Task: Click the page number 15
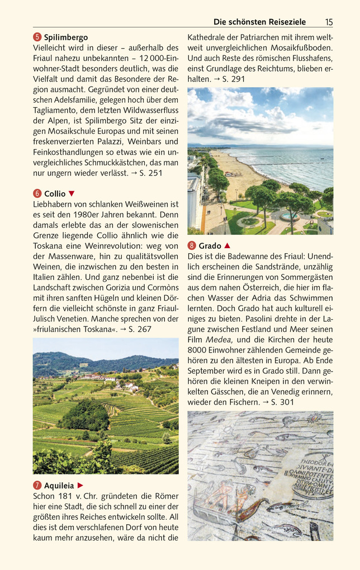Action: tap(328, 22)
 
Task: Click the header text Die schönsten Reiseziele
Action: tap(259, 22)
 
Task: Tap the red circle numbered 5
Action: tap(37, 37)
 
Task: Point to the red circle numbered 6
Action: tap(37, 193)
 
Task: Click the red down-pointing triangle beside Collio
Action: tap(72, 193)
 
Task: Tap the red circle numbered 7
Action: tap(37, 485)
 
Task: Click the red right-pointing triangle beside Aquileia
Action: tap(80, 485)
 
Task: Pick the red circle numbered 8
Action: tap(192, 246)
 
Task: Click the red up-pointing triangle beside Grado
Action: tap(227, 246)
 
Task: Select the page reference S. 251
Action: tap(150, 173)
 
